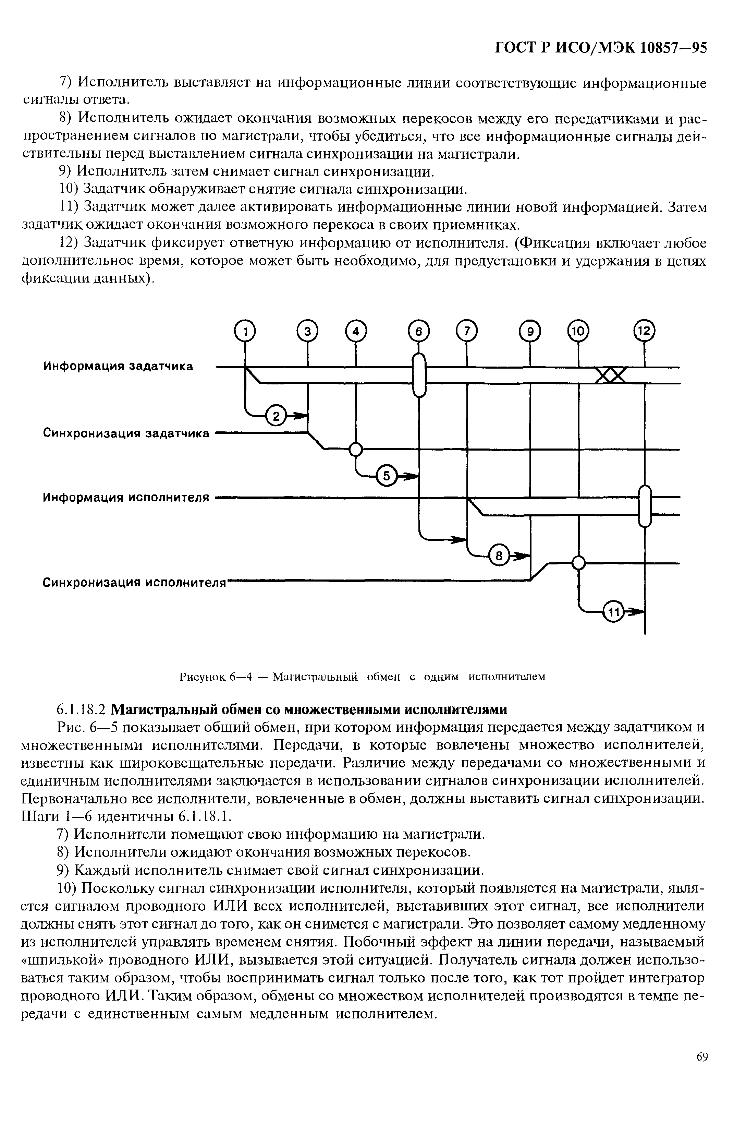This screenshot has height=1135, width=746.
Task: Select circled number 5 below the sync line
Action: coord(387,476)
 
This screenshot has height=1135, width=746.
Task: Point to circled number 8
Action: coord(499,555)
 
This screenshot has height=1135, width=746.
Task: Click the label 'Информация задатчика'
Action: coord(118,366)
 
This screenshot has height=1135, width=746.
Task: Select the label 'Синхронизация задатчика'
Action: coord(126,433)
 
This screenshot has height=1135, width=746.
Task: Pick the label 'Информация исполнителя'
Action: coord(126,498)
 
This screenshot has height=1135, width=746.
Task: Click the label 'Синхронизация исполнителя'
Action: coord(133,583)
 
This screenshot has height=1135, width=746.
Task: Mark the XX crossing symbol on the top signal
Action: coord(611,376)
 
